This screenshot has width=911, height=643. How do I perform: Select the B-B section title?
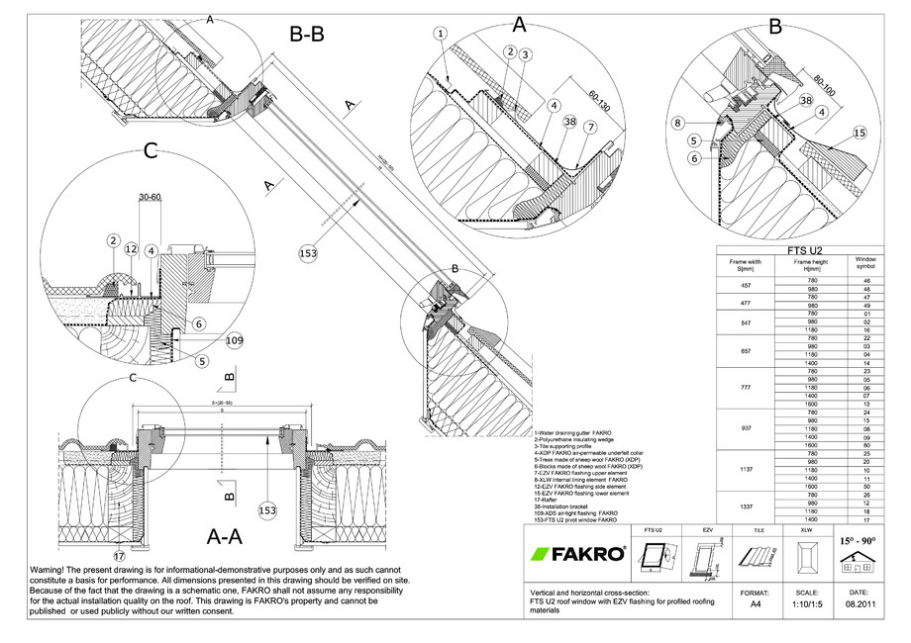pyautogui.click(x=306, y=36)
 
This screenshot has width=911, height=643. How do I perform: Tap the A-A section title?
pyautogui.click(x=227, y=536)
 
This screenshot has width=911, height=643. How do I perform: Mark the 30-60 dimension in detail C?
pyautogui.click(x=151, y=198)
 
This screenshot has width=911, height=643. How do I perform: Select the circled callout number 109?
pyautogui.click(x=234, y=340)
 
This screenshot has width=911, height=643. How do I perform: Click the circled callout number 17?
pyautogui.click(x=120, y=557)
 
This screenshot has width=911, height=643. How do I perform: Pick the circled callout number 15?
pyautogui.click(x=859, y=132)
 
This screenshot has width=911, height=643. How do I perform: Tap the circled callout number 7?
pyautogui.click(x=589, y=128)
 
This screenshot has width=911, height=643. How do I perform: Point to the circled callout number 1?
pyautogui.click(x=441, y=34)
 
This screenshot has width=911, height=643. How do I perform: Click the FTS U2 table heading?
pyautogui.click(x=805, y=251)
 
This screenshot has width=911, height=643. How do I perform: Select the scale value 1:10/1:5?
pyautogui.click(x=800, y=609)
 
